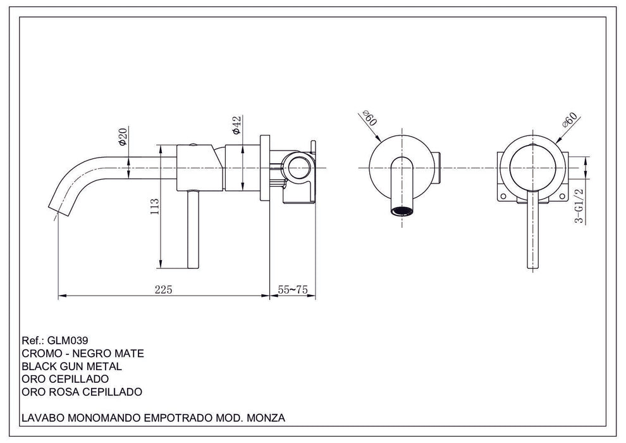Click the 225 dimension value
click(x=164, y=289)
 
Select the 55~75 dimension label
click(x=292, y=289)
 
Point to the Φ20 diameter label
click(x=122, y=137)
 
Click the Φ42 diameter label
click(x=236, y=125)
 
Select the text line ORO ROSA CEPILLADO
click(x=81, y=392)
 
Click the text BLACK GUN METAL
click(x=71, y=366)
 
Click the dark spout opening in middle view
click(x=403, y=211)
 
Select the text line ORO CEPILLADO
click(x=64, y=379)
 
